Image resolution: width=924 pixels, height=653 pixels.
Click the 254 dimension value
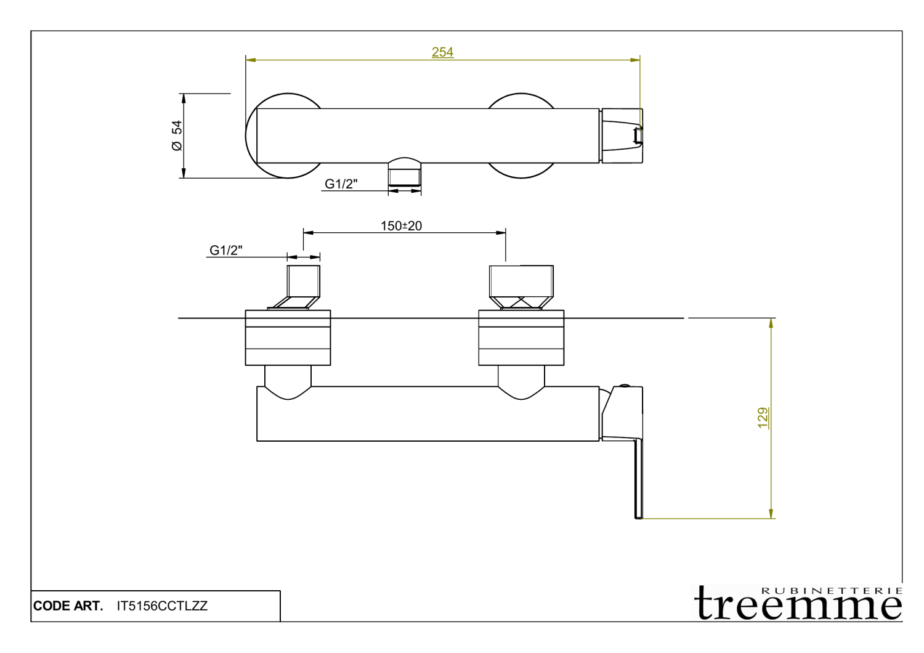click(x=442, y=52)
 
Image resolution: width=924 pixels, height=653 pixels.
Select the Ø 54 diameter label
click(x=177, y=136)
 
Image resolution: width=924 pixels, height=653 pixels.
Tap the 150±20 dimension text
click(x=401, y=226)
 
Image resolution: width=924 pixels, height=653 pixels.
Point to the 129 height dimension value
click(x=763, y=418)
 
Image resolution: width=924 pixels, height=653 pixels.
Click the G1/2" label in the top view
click(x=341, y=184)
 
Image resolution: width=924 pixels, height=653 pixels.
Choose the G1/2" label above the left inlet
click(x=225, y=250)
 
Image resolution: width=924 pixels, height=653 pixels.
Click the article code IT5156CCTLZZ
click(x=162, y=606)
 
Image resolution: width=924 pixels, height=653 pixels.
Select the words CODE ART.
click(x=68, y=606)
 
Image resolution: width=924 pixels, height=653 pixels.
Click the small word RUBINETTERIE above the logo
click(x=832, y=590)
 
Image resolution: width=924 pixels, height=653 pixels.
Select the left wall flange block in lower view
click(x=288, y=338)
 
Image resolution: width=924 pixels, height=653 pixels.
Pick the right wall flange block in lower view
click(x=521, y=338)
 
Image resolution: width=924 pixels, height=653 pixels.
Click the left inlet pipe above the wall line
click(x=304, y=282)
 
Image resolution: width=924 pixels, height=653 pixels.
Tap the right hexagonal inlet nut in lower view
click(x=521, y=282)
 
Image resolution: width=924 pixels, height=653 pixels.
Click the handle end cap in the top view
click(x=622, y=136)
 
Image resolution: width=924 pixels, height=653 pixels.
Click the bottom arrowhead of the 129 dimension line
click(x=771, y=514)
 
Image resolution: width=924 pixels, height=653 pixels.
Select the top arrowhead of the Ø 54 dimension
click(x=183, y=98)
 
